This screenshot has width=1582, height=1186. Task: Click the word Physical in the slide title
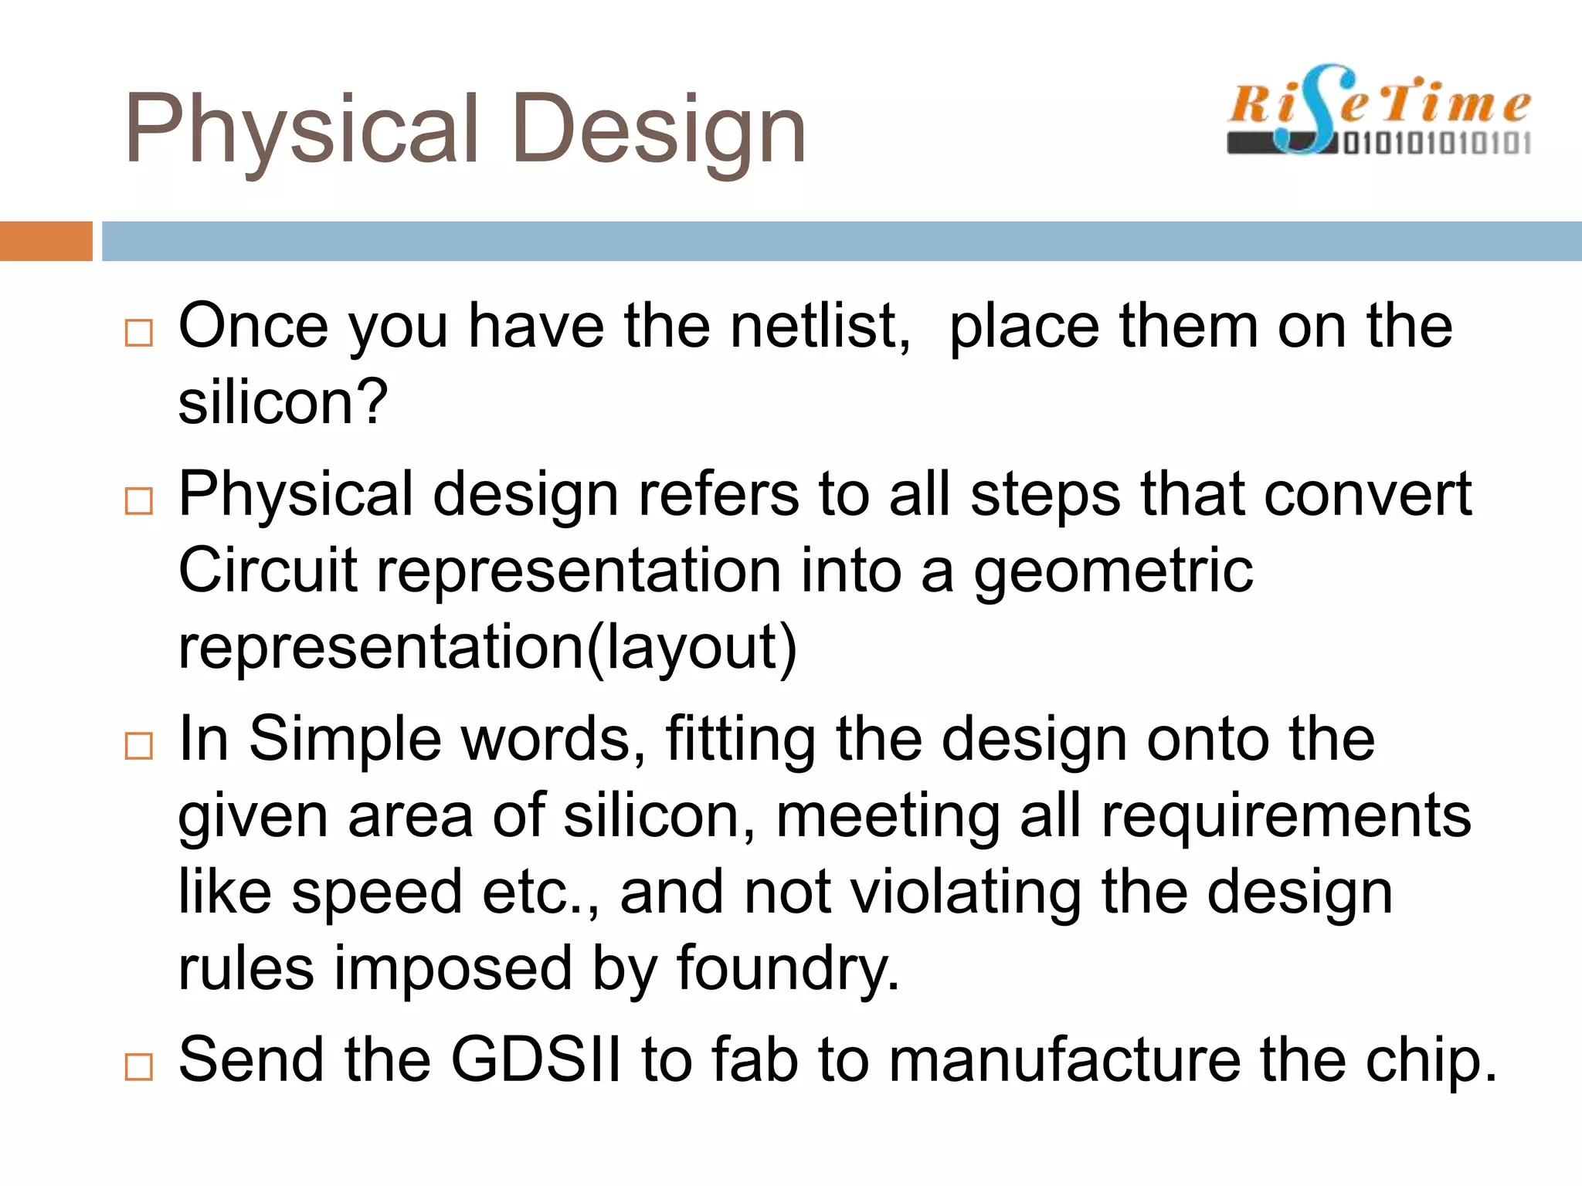pyautogui.click(x=301, y=130)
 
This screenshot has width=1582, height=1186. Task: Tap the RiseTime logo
pyautogui.click(x=1379, y=110)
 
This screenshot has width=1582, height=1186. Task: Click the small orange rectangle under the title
pyautogui.click(x=46, y=241)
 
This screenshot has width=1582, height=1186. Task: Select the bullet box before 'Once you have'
pyautogui.click(x=139, y=333)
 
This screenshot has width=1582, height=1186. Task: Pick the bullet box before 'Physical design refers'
pyautogui.click(x=139, y=501)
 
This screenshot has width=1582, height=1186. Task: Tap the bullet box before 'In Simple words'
pyautogui.click(x=139, y=746)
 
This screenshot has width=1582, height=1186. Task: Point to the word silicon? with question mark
pyautogui.click(x=283, y=402)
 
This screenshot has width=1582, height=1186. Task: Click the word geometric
pyautogui.click(x=1112, y=572)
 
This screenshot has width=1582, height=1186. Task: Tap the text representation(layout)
pyautogui.click(x=487, y=648)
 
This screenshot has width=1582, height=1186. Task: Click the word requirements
pyautogui.click(x=1286, y=816)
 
